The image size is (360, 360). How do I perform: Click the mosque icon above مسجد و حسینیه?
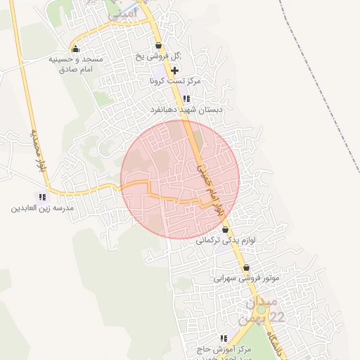point(75,49)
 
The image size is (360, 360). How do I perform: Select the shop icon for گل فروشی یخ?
point(160,46)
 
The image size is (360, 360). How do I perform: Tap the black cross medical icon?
point(175,71)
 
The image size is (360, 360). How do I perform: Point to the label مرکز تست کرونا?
point(175,81)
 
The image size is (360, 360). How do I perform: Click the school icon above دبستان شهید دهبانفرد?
point(186,99)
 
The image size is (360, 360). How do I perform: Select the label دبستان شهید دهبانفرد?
point(187,110)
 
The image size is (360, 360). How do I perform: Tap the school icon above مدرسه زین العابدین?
point(42,198)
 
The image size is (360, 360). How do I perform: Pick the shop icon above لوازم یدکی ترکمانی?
point(225,230)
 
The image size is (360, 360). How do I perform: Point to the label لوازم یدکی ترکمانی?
point(225,240)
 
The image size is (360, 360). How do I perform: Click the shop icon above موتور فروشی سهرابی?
point(247,267)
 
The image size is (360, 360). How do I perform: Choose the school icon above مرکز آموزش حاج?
point(224,339)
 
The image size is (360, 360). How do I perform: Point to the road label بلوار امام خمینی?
point(210,184)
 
